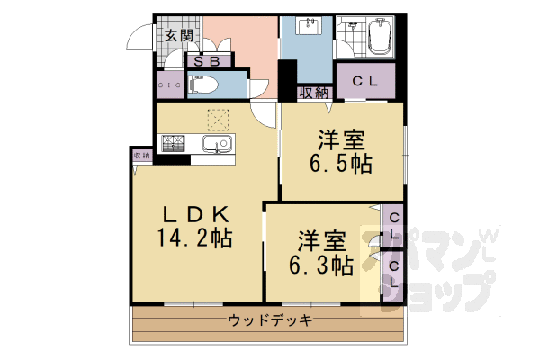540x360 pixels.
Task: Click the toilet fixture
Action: point(203,85)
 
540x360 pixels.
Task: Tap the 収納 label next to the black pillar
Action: point(313,91)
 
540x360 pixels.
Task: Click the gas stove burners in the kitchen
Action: point(174,142)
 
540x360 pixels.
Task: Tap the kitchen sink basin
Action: point(217,144)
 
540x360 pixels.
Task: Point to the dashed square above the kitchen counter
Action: point(219,121)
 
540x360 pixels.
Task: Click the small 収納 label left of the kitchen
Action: point(142,157)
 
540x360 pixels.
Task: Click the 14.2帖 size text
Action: point(197,238)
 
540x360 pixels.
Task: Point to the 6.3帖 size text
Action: point(320,265)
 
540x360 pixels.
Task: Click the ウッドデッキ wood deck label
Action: point(270,320)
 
